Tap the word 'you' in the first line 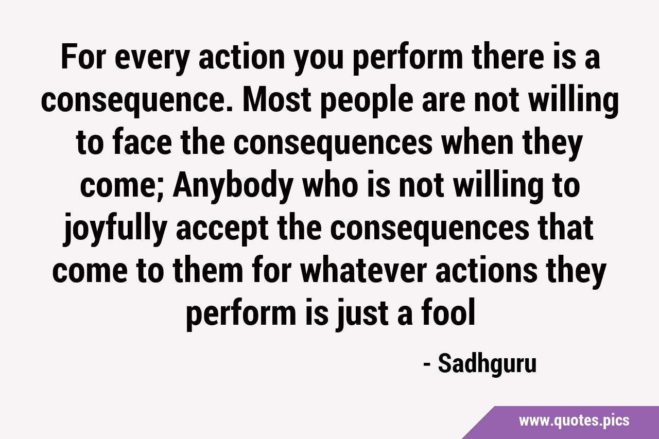319,60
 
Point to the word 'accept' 222,231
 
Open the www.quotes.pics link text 574,420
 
